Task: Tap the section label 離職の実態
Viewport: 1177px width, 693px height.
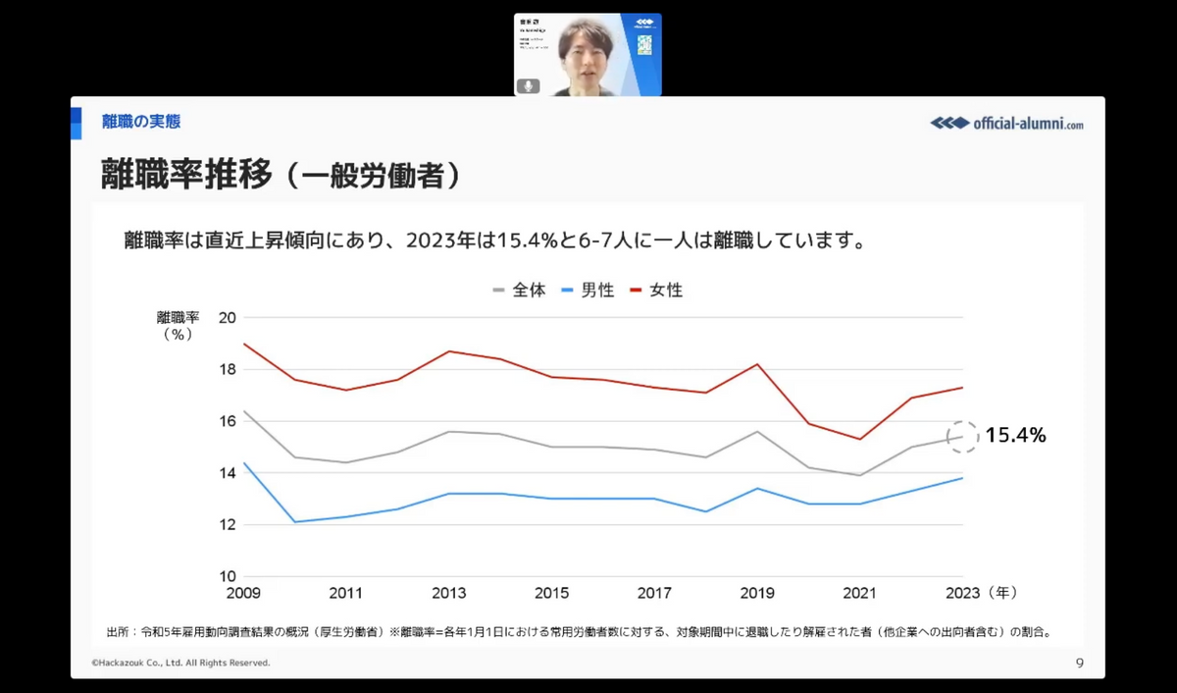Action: (141, 122)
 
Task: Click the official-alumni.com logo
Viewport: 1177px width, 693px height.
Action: (1007, 124)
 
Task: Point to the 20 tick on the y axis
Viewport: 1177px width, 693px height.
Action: (228, 318)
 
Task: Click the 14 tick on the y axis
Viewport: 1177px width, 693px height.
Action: (228, 473)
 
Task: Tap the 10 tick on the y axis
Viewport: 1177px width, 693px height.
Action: (228, 576)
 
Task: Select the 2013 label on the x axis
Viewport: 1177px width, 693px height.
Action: (449, 593)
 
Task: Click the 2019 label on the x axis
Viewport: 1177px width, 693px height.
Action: (756, 593)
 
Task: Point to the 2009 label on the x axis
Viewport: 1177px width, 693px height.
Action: (243, 593)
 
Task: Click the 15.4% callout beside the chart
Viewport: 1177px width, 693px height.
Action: (1015, 436)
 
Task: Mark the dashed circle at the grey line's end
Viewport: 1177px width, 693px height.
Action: (963, 437)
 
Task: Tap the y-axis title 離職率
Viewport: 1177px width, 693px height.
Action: (178, 318)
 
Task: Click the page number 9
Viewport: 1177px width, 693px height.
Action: (1079, 663)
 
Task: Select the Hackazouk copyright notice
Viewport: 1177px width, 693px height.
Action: (180, 664)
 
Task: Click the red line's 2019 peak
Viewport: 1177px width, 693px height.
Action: (756, 364)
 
